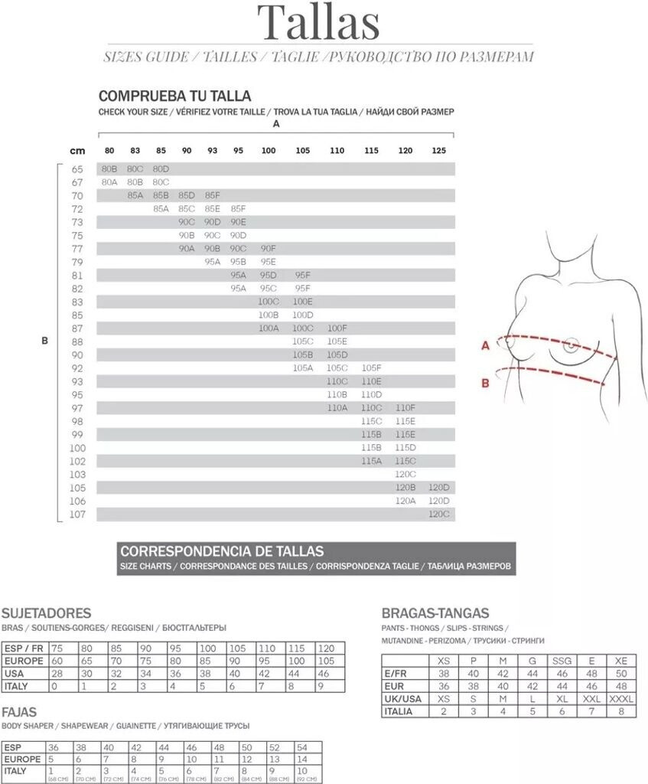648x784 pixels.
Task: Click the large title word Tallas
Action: tap(318, 23)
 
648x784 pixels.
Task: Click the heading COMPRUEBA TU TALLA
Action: tap(174, 96)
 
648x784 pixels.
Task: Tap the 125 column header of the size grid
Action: tap(439, 151)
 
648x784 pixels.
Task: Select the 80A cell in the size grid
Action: tap(109, 182)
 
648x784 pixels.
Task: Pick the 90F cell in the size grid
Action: tap(269, 249)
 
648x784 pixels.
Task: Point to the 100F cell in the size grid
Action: tap(337, 328)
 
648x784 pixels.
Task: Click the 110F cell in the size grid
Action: tap(405, 408)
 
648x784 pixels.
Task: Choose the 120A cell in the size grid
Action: tap(405, 501)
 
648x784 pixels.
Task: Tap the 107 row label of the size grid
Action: tap(77, 514)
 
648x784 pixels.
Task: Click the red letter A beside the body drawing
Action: tap(484, 346)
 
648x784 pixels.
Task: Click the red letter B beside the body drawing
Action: tap(484, 383)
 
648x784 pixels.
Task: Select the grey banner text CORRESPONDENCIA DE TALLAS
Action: tap(222, 551)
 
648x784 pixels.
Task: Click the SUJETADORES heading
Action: tap(47, 613)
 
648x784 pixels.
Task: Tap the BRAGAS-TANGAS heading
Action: tap(435, 613)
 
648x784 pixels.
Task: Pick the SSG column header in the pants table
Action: tap(562, 661)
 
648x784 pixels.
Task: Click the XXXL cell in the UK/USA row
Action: tap(621, 699)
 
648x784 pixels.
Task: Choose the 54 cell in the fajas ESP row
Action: tap(301, 746)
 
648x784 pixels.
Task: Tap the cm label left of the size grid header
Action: tap(77, 151)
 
